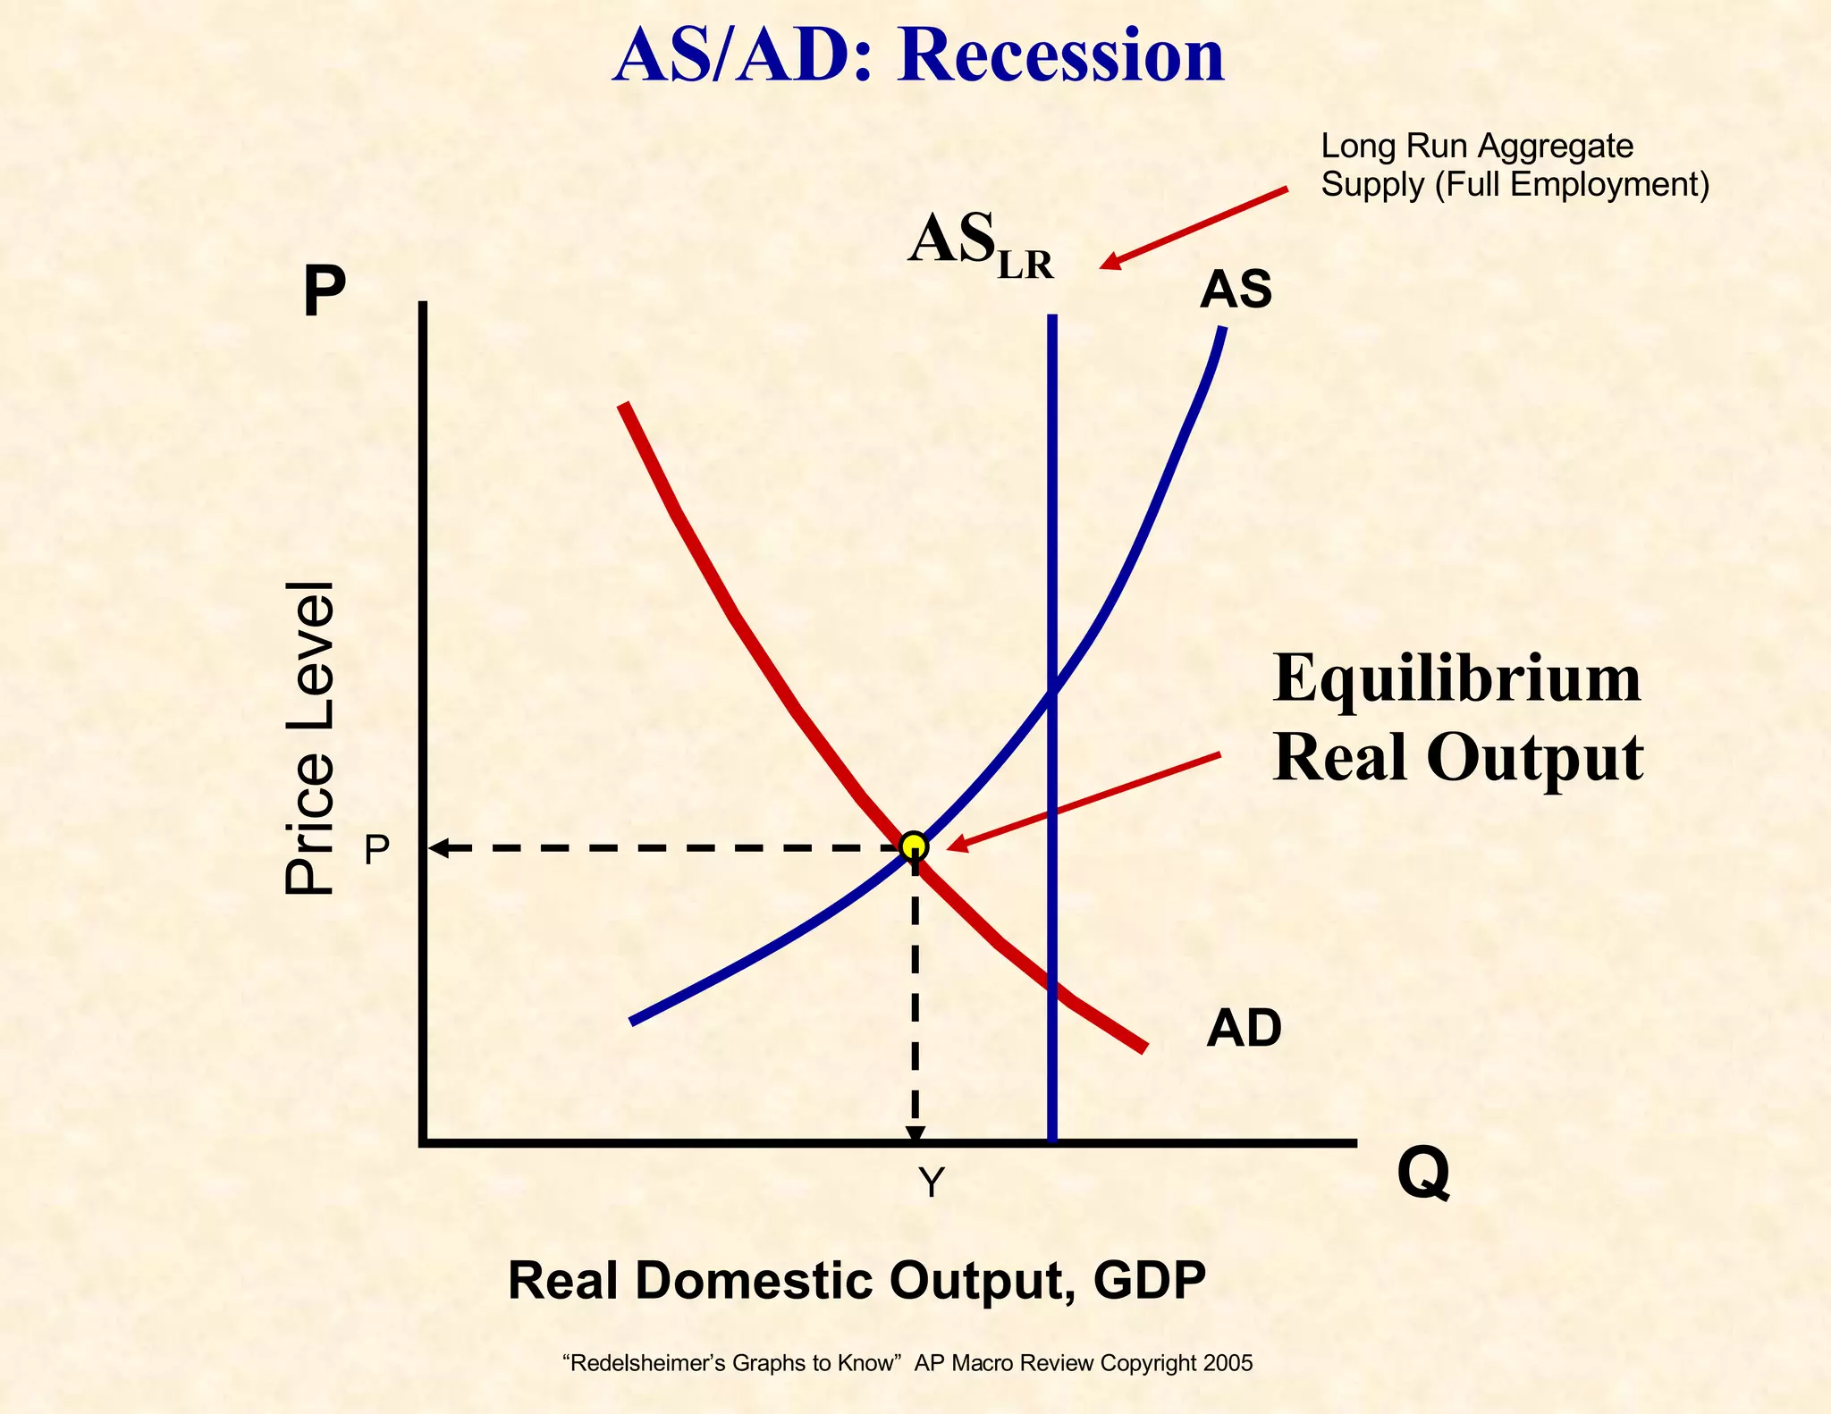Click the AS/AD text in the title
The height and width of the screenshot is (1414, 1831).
click(x=741, y=55)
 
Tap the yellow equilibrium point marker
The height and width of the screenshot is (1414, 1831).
click(x=914, y=845)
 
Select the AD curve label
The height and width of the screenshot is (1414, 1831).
click(x=1244, y=1028)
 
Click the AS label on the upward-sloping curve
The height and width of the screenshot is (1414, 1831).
click(x=1236, y=290)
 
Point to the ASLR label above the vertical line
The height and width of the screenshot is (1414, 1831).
click(x=980, y=245)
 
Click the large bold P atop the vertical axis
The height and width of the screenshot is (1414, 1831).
click(x=324, y=291)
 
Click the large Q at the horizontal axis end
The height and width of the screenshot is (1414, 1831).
click(x=1423, y=1174)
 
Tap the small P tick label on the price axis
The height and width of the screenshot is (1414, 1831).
click(x=376, y=850)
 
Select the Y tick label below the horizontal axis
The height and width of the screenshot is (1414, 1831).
click(x=931, y=1183)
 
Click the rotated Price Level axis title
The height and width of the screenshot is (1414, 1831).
click(x=309, y=737)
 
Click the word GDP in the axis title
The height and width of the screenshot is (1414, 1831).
click(x=1149, y=1280)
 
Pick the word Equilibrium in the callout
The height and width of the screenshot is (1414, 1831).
click(x=1456, y=679)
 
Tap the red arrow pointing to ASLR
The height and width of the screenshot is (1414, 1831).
click(x=1194, y=228)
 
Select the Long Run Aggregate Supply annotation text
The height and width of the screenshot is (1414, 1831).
click(x=1514, y=165)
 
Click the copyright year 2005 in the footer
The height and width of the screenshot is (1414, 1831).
click(x=1228, y=1363)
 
